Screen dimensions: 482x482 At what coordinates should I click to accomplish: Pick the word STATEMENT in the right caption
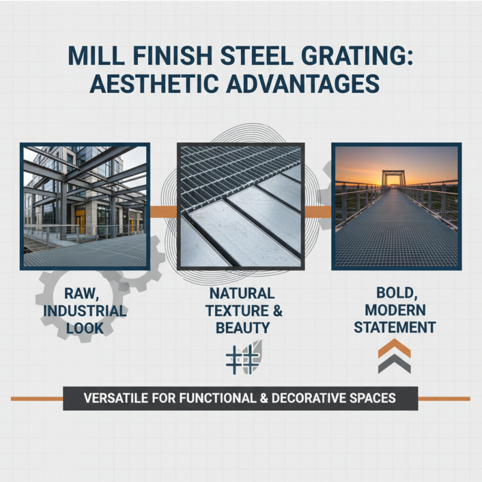point(395,328)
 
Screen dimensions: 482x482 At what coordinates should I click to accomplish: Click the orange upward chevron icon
point(395,348)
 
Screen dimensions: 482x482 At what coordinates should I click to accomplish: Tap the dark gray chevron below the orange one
point(395,363)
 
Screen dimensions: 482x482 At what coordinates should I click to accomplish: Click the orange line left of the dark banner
point(37,398)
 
